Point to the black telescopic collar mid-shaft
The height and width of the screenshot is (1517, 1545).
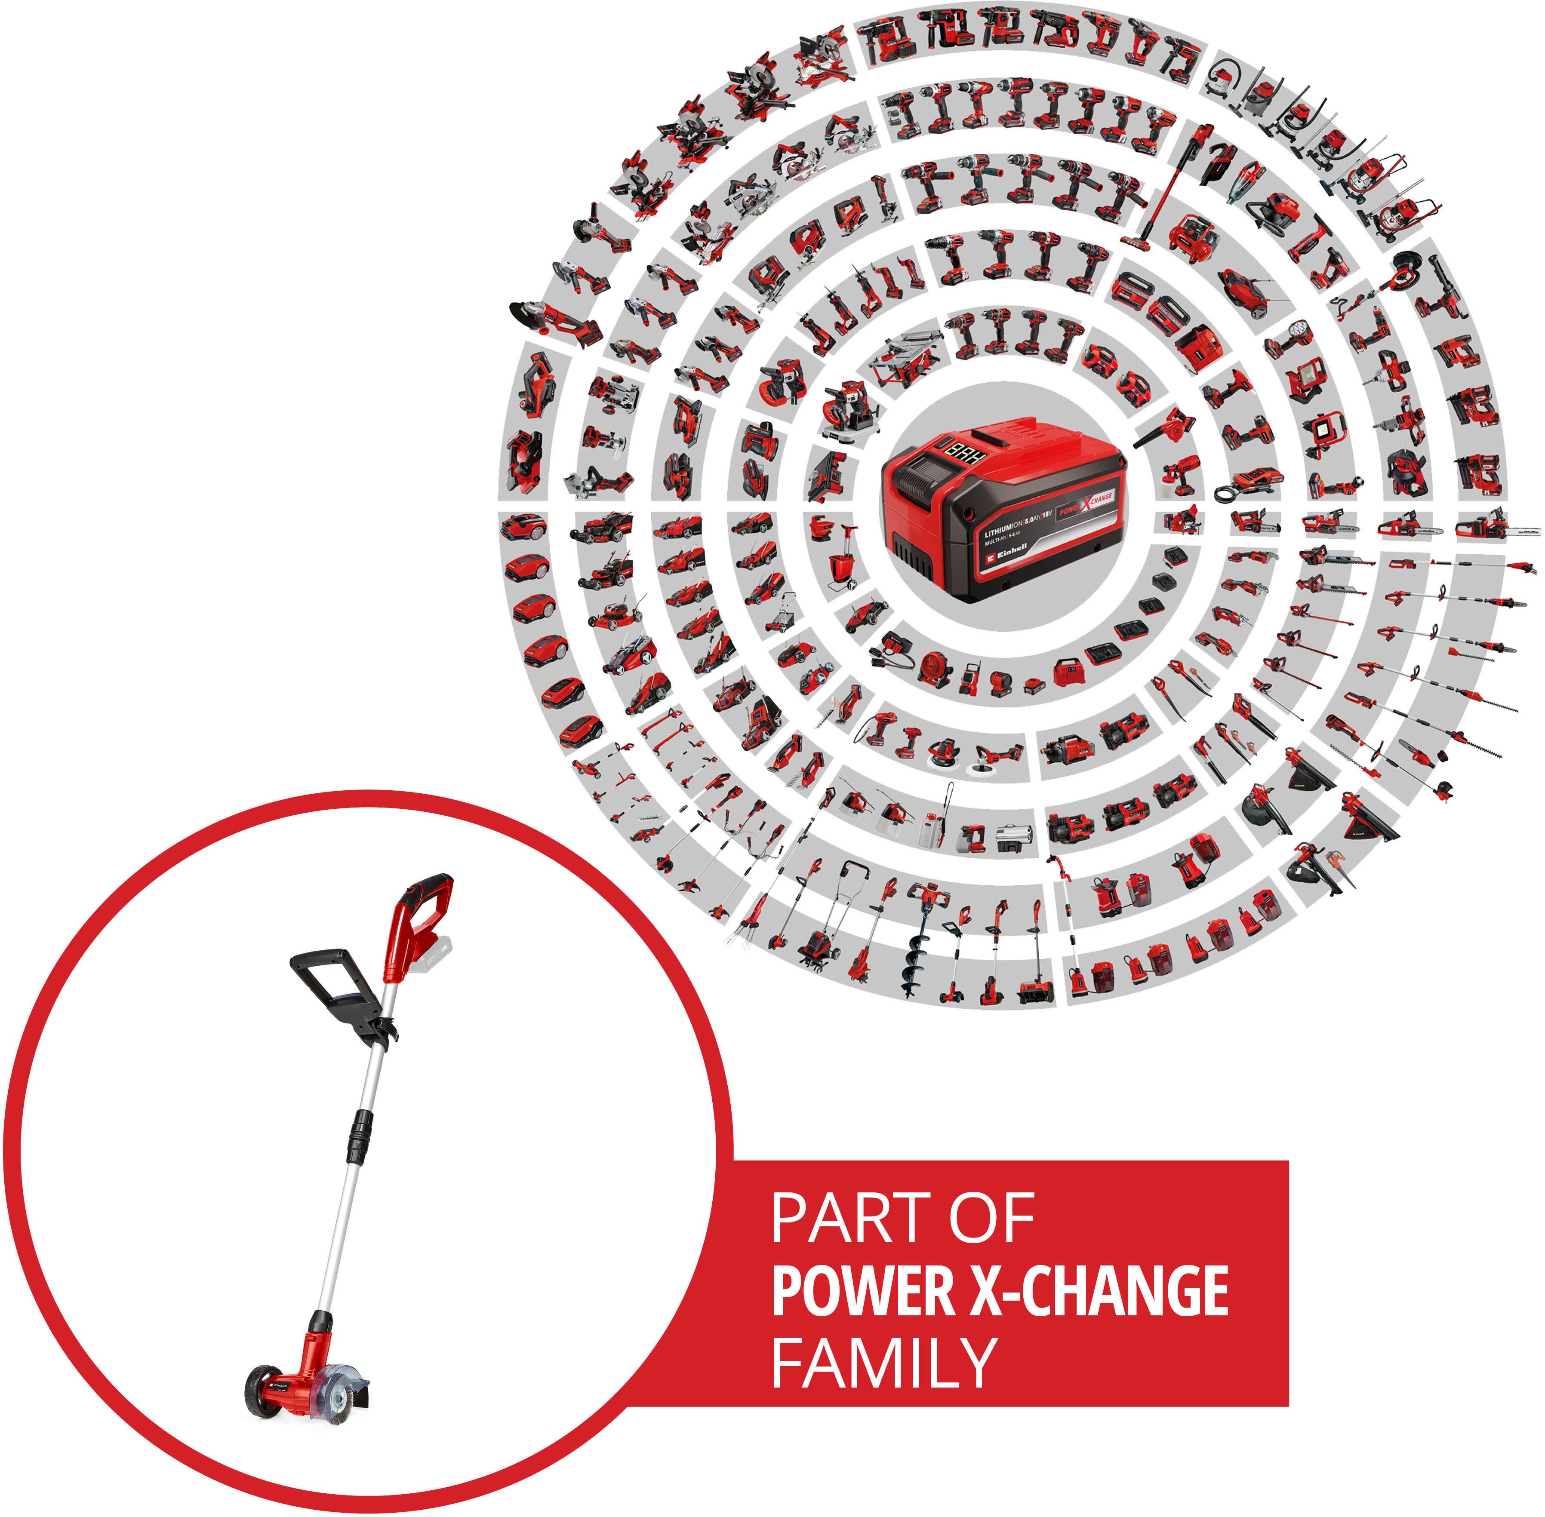tap(363, 1139)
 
